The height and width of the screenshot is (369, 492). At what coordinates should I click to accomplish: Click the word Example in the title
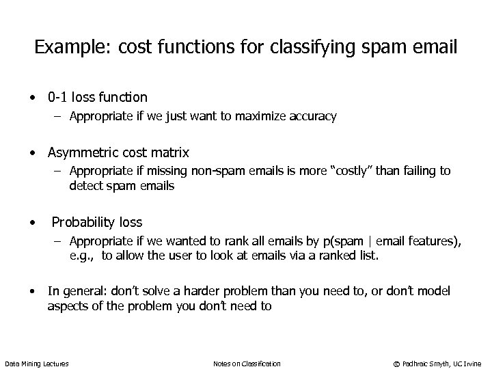click(x=65, y=49)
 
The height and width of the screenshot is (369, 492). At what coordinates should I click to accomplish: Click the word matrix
click(x=169, y=152)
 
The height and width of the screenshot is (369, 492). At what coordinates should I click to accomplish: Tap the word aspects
click(x=68, y=306)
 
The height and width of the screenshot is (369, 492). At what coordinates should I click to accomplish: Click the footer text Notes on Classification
click(x=247, y=364)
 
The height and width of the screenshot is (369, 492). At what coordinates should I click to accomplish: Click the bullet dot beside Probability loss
click(x=32, y=222)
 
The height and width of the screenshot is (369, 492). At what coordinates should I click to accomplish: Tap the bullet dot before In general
click(x=32, y=292)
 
